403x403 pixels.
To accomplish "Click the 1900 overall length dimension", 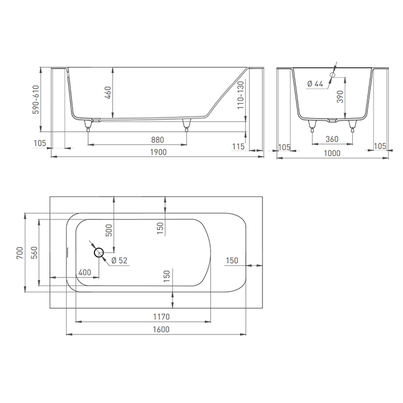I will [158, 152].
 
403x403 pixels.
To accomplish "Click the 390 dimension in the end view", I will [340, 96].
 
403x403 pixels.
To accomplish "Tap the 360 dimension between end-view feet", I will [332, 139].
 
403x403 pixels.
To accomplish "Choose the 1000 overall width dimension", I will [332, 153].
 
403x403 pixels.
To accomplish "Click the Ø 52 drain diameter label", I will [119, 261].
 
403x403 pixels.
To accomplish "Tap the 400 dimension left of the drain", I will [84, 272].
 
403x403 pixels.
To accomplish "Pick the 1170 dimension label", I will [161, 317].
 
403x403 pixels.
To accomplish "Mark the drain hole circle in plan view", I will [98, 252].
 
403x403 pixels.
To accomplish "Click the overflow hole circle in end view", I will [332, 75].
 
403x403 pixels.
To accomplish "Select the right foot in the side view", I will [186, 123].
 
